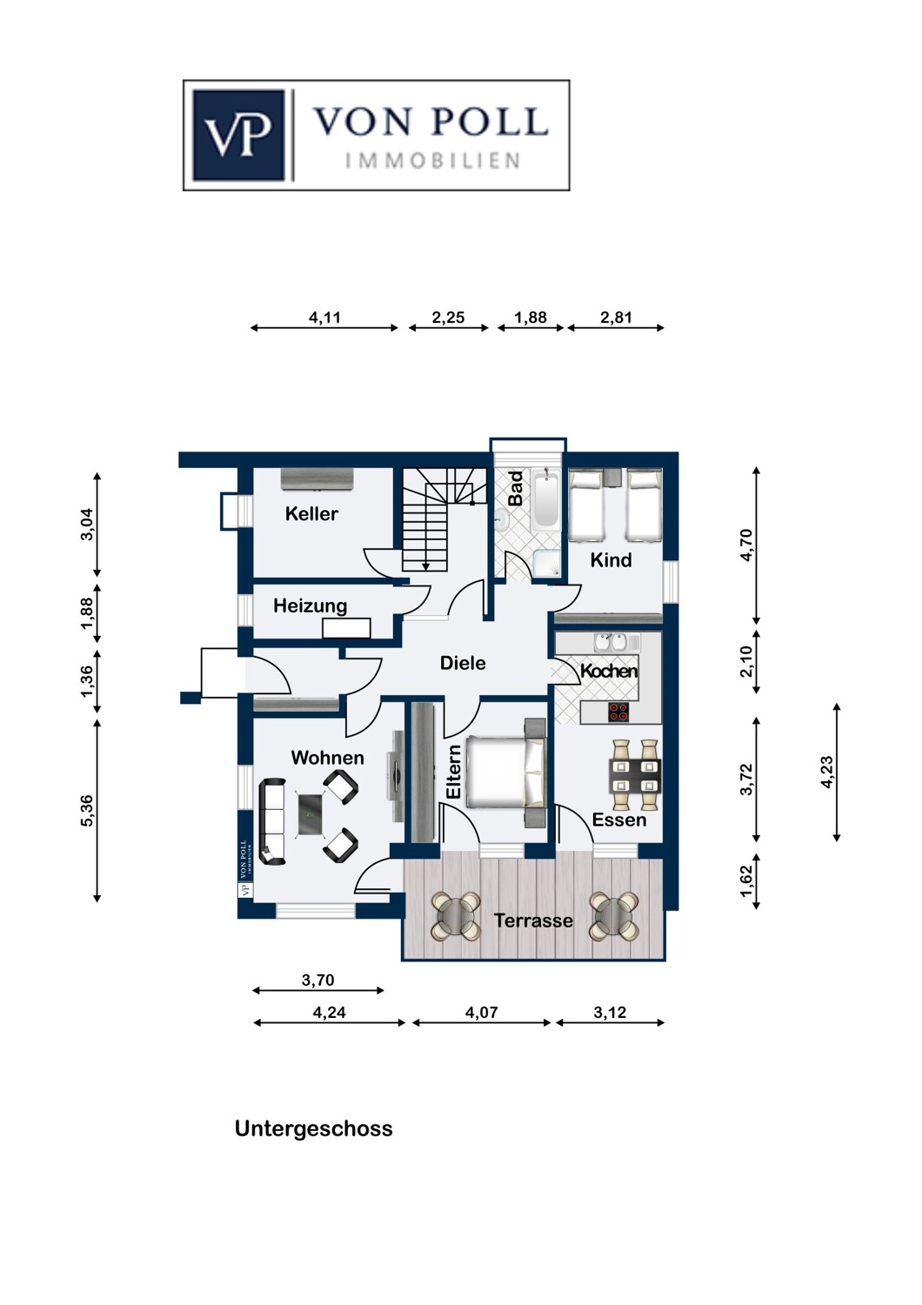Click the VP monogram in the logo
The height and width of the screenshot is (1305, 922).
coord(239,135)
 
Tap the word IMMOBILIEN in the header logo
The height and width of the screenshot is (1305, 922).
coord(432,161)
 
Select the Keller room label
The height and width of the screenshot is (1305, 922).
coord(311,514)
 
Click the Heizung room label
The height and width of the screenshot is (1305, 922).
coord(310,606)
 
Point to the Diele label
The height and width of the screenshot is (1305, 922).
coord(463,663)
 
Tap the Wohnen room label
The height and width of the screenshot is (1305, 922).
coord(327,758)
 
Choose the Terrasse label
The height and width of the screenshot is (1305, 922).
coord(533,920)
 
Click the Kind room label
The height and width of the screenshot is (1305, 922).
coord(611,560)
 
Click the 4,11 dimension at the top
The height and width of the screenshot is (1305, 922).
coord(324,318)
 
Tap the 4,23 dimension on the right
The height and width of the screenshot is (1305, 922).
coord(826,773)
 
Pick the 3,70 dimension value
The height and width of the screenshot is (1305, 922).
coord(318,980)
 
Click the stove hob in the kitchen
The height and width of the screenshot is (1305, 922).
coord(618,712)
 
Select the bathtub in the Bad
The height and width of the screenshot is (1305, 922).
coord(546,499)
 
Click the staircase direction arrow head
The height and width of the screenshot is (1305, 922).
coord(425,566)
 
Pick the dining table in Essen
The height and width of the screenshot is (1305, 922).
coord(636,775)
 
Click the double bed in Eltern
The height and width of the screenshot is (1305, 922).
coord(505,772)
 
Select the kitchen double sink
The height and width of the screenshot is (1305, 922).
coord(610,642)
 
